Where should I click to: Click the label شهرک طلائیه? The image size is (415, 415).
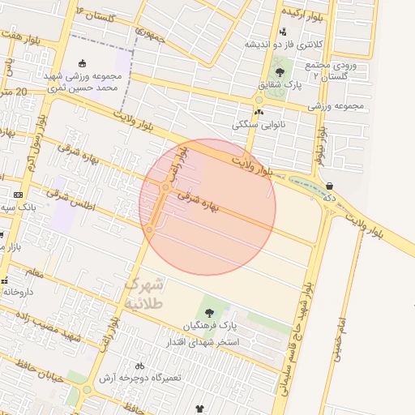[145, 293]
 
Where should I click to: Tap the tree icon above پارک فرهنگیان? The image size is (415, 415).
[211, 312]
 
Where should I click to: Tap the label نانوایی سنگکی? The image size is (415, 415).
[256, 125]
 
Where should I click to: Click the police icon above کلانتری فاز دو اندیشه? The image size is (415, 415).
[283, 31]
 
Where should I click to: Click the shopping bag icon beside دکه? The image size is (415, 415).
[329, 185]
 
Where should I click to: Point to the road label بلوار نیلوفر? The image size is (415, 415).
[321, 146]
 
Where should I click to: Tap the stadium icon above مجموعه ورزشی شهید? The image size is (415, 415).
[82, 64]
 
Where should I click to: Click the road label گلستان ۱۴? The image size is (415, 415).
[96, 13]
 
